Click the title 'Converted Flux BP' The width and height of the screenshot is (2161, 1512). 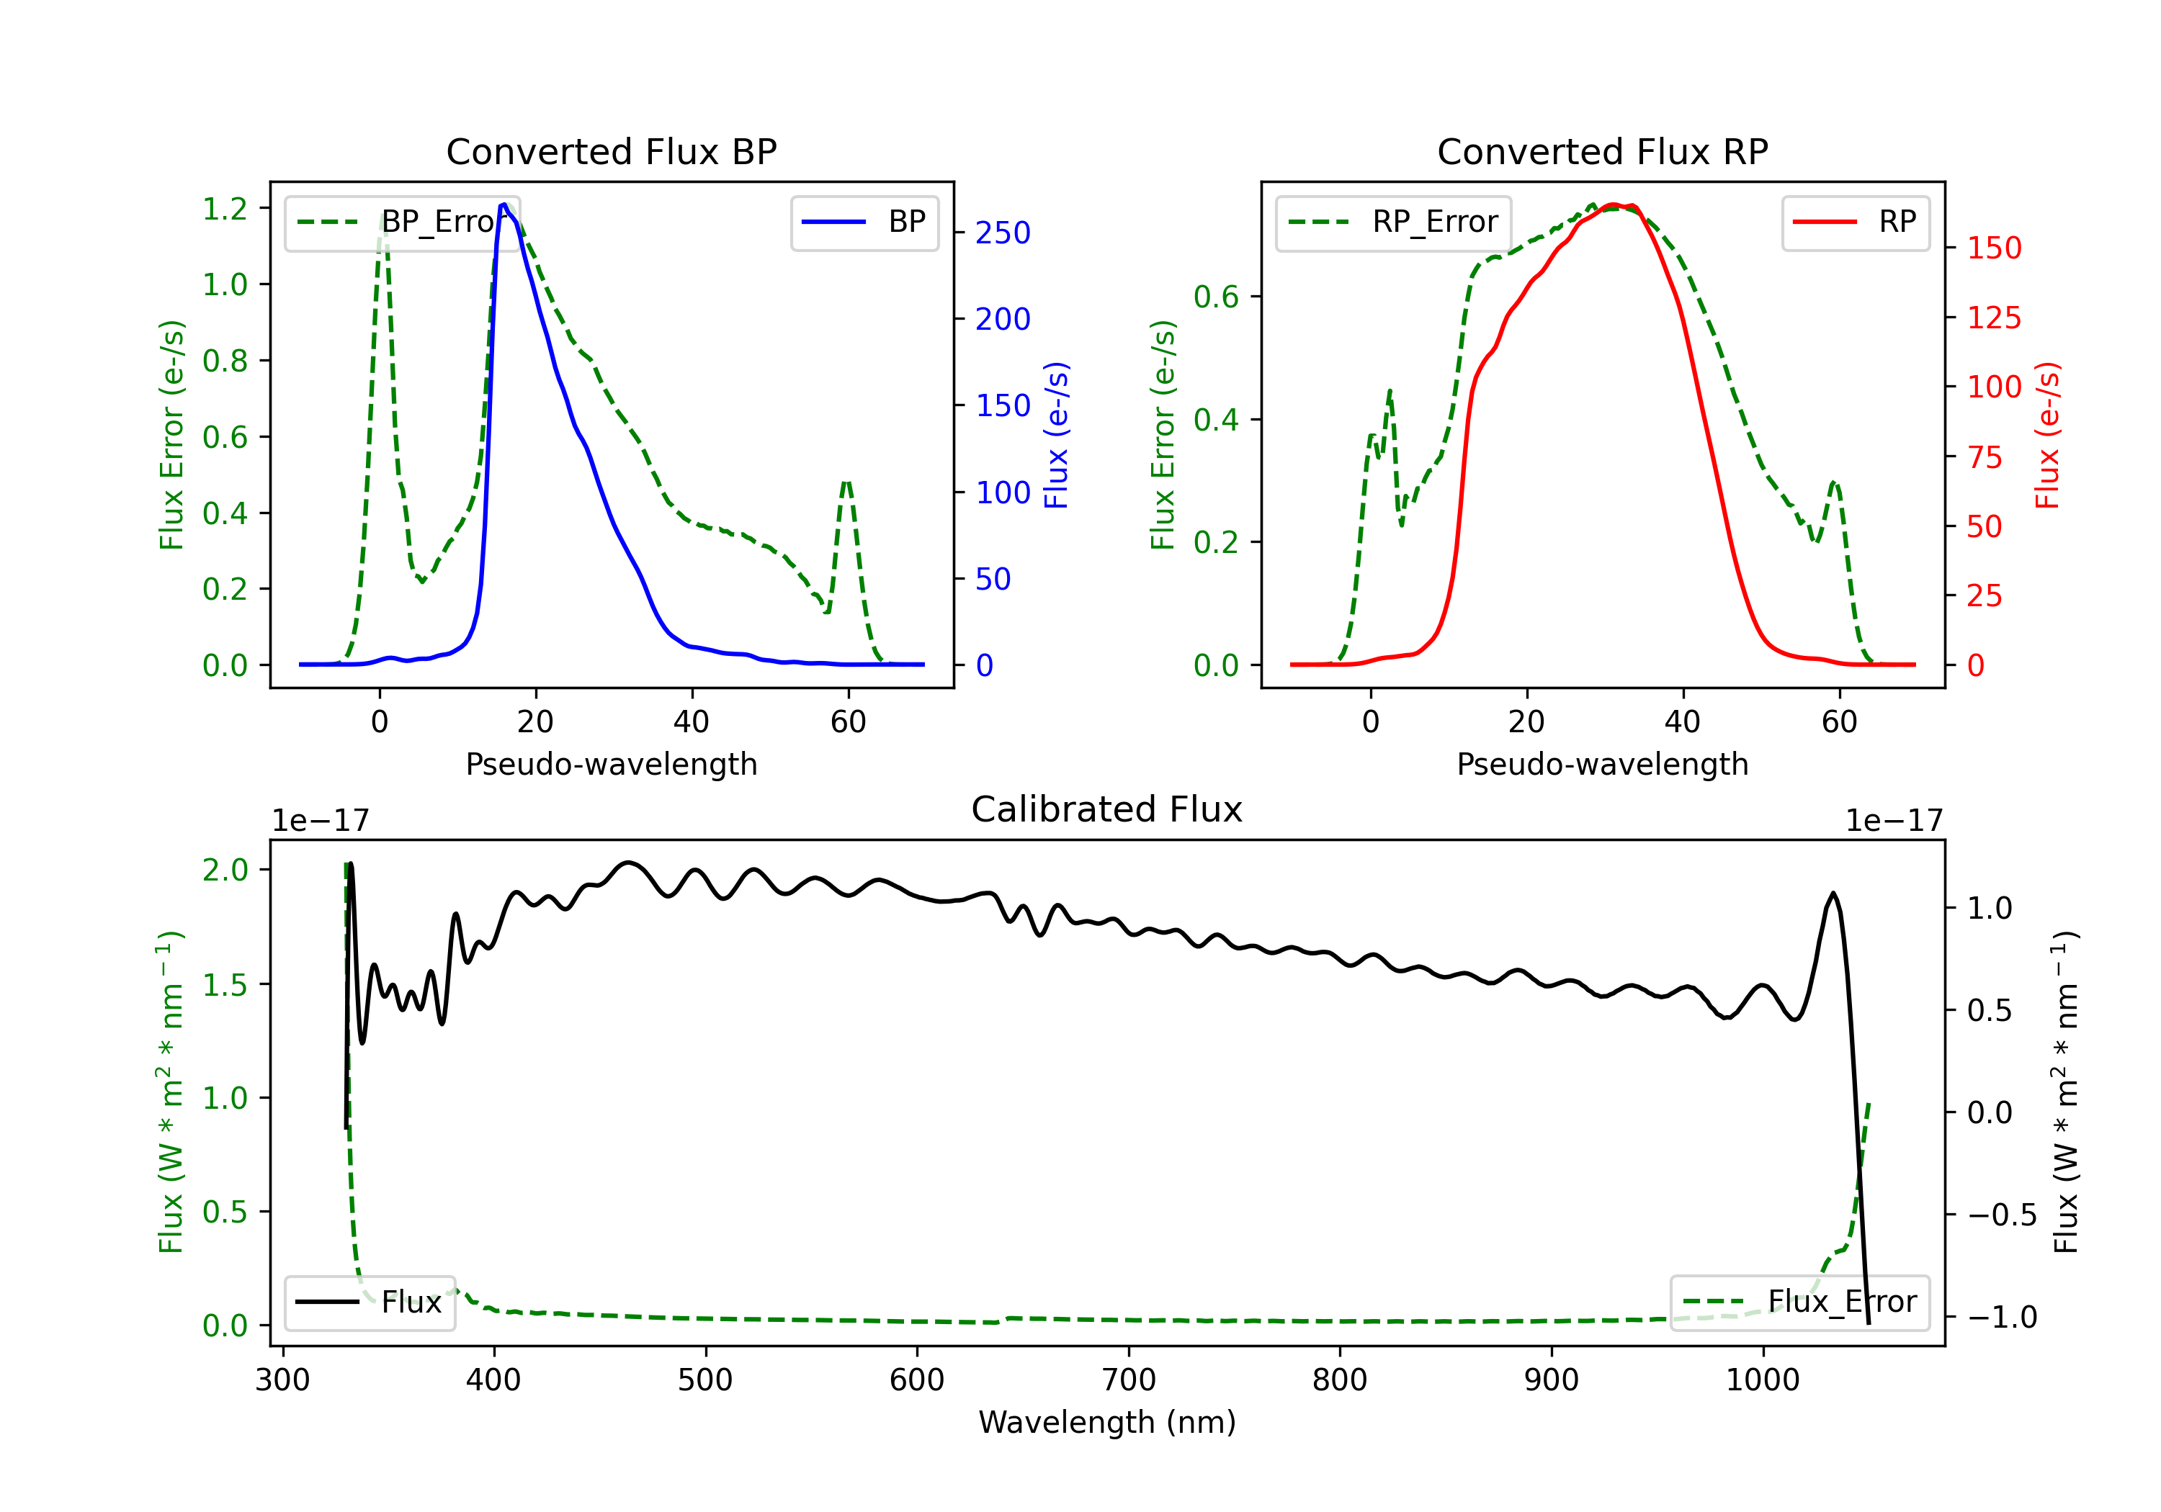(x=612, y=151)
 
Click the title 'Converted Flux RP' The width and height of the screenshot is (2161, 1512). (x=1603, y=151)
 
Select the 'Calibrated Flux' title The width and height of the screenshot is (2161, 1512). (x=1107, y=809)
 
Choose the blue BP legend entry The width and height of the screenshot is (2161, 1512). (x=865, y=222)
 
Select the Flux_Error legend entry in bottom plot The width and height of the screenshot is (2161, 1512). (x=1799, y=1303)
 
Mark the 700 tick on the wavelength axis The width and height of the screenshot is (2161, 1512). (x=1129, y=1380)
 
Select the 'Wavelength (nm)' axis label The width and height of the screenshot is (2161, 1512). (x=1107, y=1423)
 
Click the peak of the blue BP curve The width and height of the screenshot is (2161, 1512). (x=504, y=204)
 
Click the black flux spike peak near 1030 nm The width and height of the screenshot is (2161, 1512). (x=1833, y=893)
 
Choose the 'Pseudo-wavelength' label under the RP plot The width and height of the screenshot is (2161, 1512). (x=1603, y=765)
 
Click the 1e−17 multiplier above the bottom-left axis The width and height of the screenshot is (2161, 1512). (x=321, y=822)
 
